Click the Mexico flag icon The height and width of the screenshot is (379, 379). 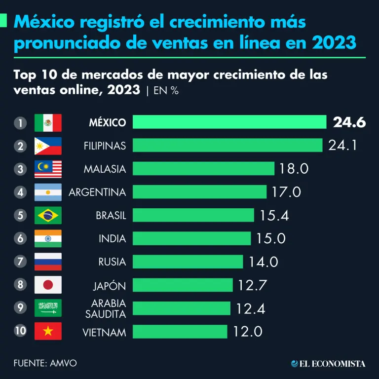(x=48, y=122)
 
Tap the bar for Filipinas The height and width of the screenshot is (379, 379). (x=227, y=146)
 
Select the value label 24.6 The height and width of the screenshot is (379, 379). (x=349, y=122)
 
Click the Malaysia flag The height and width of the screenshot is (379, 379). (x=48, y=169)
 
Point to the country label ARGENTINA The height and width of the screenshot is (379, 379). (x=97, y=192)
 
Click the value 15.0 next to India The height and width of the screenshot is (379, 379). (x=271, y=239)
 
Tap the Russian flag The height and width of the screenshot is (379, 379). (x=48, y=262)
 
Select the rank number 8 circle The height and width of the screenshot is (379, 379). (x=20, y=285)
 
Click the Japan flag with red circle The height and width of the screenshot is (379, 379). (x=48, y=285)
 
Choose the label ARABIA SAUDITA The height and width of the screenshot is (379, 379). (x=108, y=308)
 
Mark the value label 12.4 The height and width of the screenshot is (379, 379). (x=251, y=308)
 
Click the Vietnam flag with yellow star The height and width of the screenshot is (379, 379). (x=48, y=331)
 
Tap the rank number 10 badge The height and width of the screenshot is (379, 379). (x=20, y=331)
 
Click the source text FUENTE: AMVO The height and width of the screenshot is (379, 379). (x=45, y=363)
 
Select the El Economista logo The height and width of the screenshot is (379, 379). (x=328, y=364)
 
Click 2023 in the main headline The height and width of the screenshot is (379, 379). (x=334, y=42)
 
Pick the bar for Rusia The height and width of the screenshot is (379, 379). (x=188, y=262)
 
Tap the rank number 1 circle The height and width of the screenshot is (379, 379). (x=20, y=122)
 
